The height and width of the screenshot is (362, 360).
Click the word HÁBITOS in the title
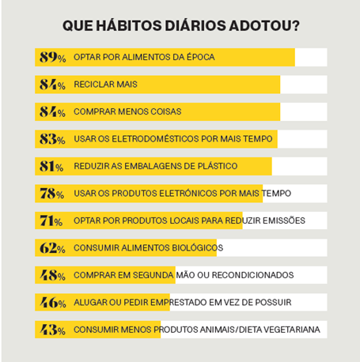coord(129,25)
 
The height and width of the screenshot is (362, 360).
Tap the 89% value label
coord(52,57)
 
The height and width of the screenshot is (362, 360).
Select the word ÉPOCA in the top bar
coord(201,57)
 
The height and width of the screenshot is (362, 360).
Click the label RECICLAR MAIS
coord(105,85)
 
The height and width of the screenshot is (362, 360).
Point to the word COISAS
coord(166,111)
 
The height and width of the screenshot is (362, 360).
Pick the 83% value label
coord(52,139)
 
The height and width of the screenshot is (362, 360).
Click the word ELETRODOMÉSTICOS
coord(155,138)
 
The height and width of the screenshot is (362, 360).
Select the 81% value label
coord(51,166)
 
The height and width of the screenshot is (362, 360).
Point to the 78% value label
coord(51,194)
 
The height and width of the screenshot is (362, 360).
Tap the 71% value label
coord(51,221)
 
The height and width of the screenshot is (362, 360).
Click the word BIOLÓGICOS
coord(198,247)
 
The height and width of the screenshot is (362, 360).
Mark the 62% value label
coord(52,248)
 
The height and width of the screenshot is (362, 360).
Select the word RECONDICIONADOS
coord(252,275)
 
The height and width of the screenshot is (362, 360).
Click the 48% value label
coord(52,275)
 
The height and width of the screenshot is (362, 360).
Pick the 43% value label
coord(52,330)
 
